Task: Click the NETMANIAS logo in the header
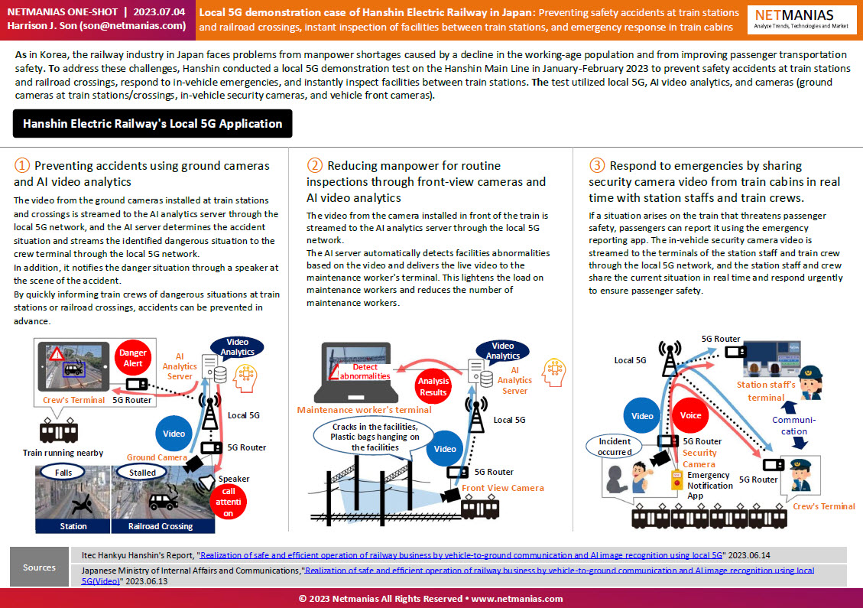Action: click(801, 20)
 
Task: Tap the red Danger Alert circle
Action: click(133, 358)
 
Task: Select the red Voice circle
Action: click(690, 415)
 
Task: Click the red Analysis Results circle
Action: click(433, 386)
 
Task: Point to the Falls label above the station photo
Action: click(63, 473)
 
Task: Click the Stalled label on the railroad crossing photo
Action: click(142, 473)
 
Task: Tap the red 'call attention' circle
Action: click(228, 502)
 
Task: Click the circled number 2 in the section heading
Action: click(314, 165)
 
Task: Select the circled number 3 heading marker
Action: click(597, 165)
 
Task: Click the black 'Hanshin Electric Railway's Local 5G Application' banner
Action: click(152, 123)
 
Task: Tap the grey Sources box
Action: click(39, 567)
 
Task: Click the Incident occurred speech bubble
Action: click(615, 447)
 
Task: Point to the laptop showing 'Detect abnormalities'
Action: click(356, 373)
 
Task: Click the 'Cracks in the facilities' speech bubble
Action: click(375, 437)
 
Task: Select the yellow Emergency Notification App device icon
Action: click(677, 480)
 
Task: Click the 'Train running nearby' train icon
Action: click(58, 431)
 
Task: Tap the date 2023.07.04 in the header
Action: click(159, 11)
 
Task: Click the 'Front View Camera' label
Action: click(502, 487)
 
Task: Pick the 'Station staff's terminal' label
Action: click(766, 391)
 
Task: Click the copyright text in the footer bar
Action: click(431, 599)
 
